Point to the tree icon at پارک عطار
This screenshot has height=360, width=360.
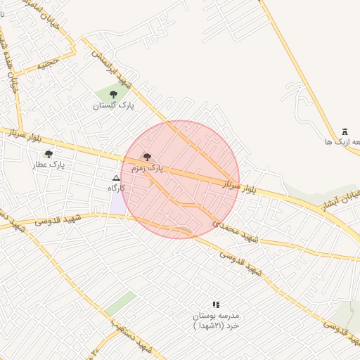(x=49, y=153)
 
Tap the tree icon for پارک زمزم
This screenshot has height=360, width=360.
(x=147, y=157)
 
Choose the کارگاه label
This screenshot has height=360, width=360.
(x=116, y=188)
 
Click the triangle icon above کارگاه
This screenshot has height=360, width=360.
(x=117, y=178)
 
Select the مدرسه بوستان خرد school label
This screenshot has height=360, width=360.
(x=217, y=321)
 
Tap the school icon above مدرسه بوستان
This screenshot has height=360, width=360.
(x=216, y=304)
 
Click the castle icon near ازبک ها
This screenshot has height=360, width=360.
(x=345, y=131)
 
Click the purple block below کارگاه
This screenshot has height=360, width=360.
(x=117, y=205)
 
